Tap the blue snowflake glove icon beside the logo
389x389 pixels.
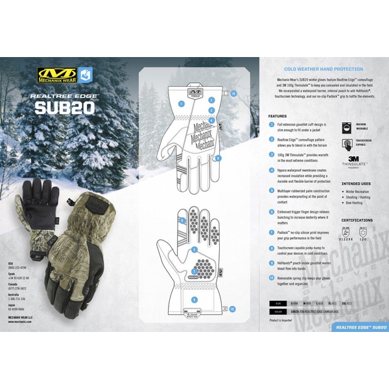pyautogui.click(x=84, y=73)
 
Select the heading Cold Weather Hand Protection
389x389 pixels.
pyautogui.click(x=324, y=69)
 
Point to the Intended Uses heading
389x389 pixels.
pyautogui.click(x=356, y=183)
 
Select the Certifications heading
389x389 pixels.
pyautogui.click(x=356, y=220)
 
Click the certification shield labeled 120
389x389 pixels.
pyautogui.click(x=363, y=233)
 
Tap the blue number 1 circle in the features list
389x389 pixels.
pyautogui.click(x=271, y=124)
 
